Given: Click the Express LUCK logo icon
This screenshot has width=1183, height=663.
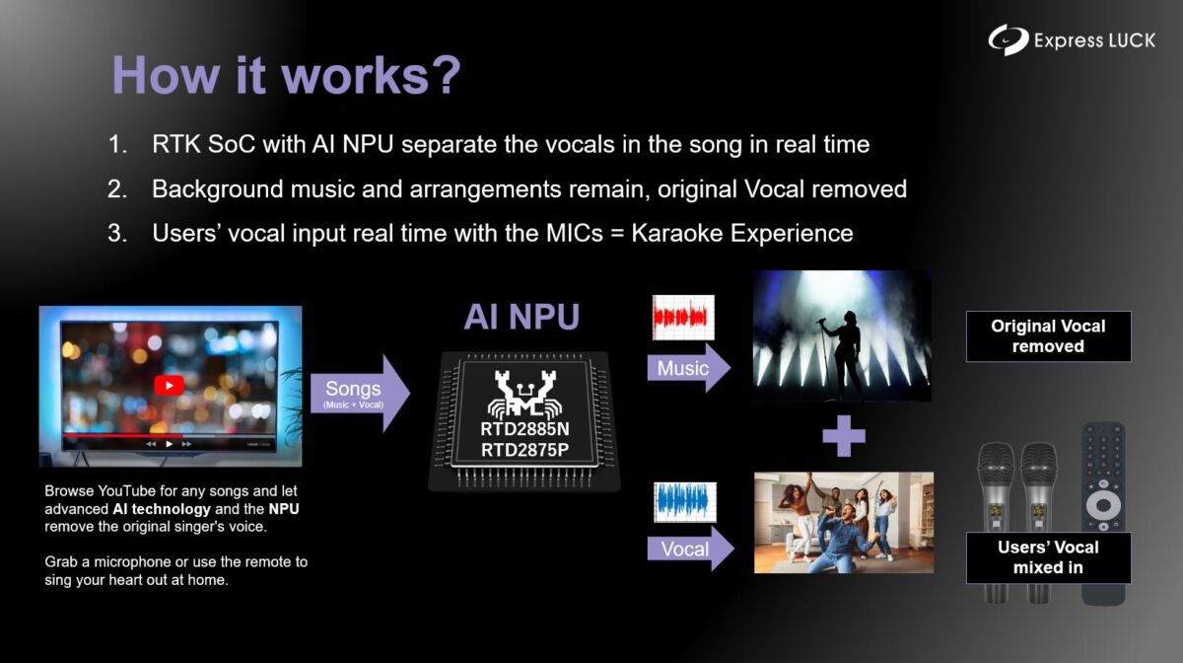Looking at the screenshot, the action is [x=1009, y=39].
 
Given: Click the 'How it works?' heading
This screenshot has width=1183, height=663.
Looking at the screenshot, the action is [x=287, y=76].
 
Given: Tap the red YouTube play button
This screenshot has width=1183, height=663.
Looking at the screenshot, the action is [x=169, y=386].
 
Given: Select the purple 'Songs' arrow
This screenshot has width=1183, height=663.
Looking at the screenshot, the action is [x=360, y=394].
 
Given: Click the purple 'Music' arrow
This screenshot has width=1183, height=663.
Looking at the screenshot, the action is [x=689, y=368].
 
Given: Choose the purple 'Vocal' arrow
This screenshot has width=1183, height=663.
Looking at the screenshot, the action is [x=690, y=549].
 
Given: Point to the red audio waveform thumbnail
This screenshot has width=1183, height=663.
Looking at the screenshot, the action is [x=683, y=318].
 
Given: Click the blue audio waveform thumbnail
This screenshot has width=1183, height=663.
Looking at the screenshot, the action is [x=685, y=502].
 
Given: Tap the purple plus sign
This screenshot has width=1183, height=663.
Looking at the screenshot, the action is [x=844, y=436].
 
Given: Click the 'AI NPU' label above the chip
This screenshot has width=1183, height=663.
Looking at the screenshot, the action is [x=522, y=317].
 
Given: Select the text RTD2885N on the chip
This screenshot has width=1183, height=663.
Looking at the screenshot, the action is [x=524, y=429].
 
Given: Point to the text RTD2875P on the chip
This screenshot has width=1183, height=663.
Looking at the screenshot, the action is [x=524, y=450].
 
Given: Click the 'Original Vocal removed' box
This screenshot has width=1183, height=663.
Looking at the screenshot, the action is [x=1048, y=336].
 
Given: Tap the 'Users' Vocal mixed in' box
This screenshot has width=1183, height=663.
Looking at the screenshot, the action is [x=1048, y=557].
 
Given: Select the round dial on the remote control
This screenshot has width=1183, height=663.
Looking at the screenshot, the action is [x=1103, y=505].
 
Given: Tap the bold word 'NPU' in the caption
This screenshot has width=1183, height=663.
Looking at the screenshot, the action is [x=284, y=509].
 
